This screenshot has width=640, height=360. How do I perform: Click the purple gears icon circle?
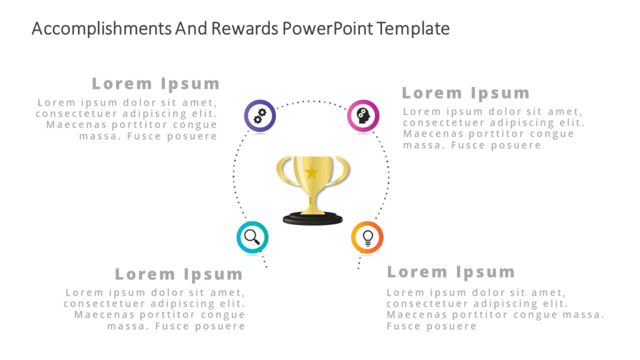tap(259, 116)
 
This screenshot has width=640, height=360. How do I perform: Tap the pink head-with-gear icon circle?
tap(363, 116)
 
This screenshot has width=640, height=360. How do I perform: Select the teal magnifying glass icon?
tap(252, 237)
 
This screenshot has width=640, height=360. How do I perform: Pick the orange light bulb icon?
tap(367, 237)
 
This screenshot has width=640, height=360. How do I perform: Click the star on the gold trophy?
tap(311, 171)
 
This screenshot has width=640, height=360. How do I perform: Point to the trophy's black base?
tap(313, 218)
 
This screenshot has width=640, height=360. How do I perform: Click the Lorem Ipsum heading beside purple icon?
tap(156, 84)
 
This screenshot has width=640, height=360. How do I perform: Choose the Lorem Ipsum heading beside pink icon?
tap(466, 93)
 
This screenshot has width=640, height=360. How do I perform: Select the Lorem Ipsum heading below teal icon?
tap(179, 274)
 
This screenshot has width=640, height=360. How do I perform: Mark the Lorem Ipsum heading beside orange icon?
tap(451, 272)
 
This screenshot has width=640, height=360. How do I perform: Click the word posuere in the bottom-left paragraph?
tap(218, 326)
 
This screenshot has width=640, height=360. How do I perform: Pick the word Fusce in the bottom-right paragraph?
tap(403, 326)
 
